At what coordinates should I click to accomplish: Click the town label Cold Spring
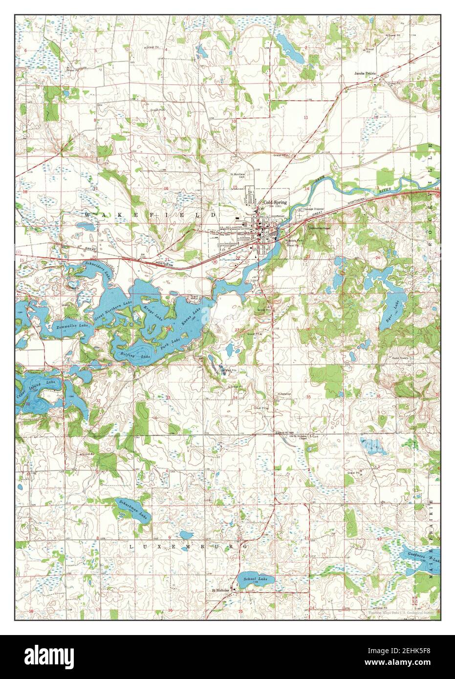(275, 202)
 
